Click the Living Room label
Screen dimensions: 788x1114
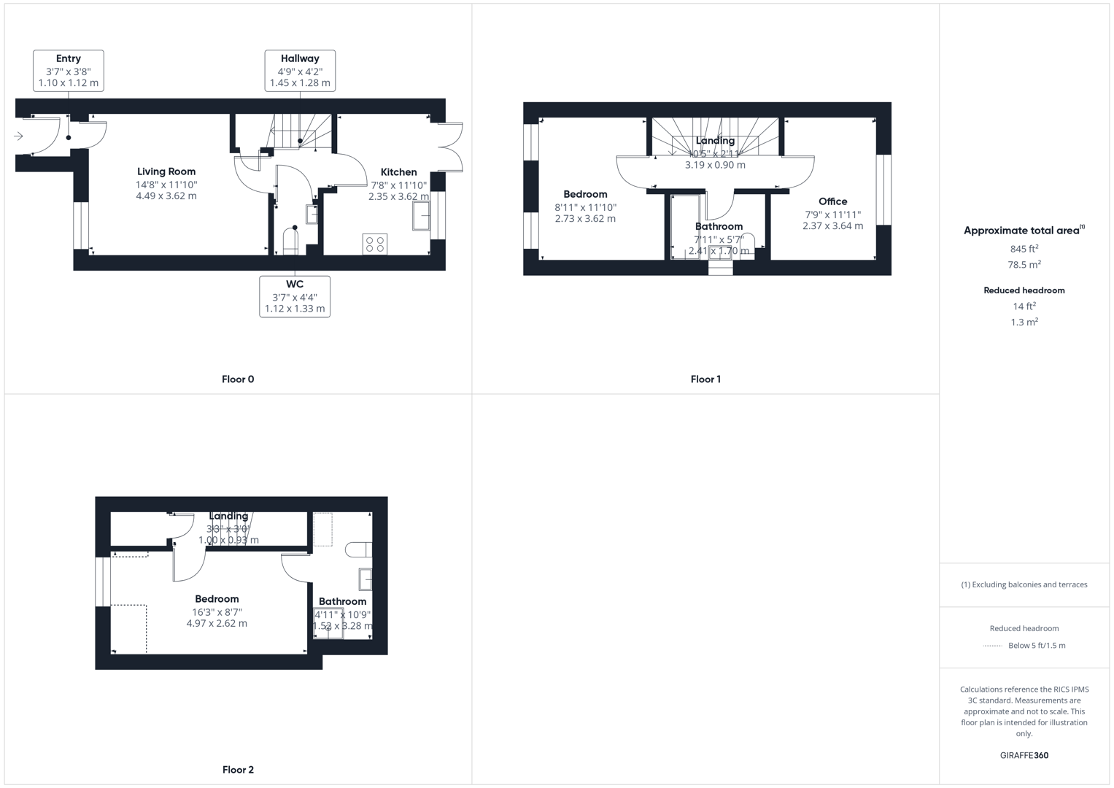click(166, 171)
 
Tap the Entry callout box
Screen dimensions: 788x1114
click(69, 71)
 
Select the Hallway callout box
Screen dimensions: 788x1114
click(300, 71)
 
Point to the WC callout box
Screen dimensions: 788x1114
click(295, 296)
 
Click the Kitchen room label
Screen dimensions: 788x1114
click(399, 172)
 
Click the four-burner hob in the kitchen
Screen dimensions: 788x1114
click(375, 244)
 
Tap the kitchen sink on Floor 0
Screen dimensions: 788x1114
click(422, 216)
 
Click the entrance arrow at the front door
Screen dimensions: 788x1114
click(18, 136)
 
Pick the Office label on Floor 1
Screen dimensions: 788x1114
click(832, 201)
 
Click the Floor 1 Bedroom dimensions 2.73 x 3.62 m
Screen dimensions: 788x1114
click(585, 218)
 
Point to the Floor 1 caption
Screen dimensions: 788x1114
click(705, 379)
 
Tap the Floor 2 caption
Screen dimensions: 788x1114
click(238, 770)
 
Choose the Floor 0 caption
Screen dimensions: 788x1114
click(238, 379)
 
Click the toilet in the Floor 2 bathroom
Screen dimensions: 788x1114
click(359, 549)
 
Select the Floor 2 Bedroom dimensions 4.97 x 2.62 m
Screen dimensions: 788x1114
click(217, 624)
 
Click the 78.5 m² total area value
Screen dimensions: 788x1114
click(1024, 265)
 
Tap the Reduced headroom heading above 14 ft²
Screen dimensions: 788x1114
click(1024, 290)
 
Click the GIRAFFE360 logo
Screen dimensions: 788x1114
click(1024, 756)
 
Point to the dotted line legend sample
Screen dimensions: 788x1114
click(993, 646)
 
